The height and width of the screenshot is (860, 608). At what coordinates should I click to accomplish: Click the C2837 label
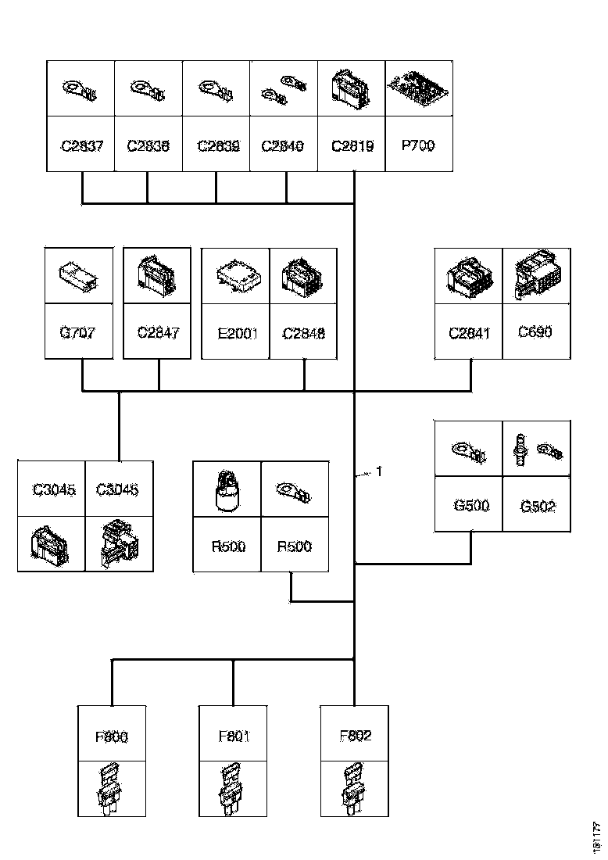coord(81,145)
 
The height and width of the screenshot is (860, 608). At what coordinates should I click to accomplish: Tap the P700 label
coord(418,145)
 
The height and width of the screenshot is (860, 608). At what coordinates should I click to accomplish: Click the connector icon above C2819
coord(352,88)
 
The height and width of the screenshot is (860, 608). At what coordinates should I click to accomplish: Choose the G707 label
coord(78,332)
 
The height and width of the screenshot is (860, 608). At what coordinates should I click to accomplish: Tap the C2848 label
coord(303,332)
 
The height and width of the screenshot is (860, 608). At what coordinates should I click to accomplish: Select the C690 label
coord(535,331)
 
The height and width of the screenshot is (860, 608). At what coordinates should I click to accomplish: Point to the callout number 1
coord(379,471)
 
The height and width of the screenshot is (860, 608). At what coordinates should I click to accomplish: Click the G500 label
coord(471,505)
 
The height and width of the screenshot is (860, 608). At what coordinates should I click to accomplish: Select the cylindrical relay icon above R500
coord(227,490)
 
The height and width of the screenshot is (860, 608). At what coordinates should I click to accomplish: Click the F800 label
coord(113,736)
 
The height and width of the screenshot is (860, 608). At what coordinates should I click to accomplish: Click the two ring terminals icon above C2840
coord(283,88)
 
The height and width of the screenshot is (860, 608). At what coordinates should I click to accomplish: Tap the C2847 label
coord(158,332)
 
